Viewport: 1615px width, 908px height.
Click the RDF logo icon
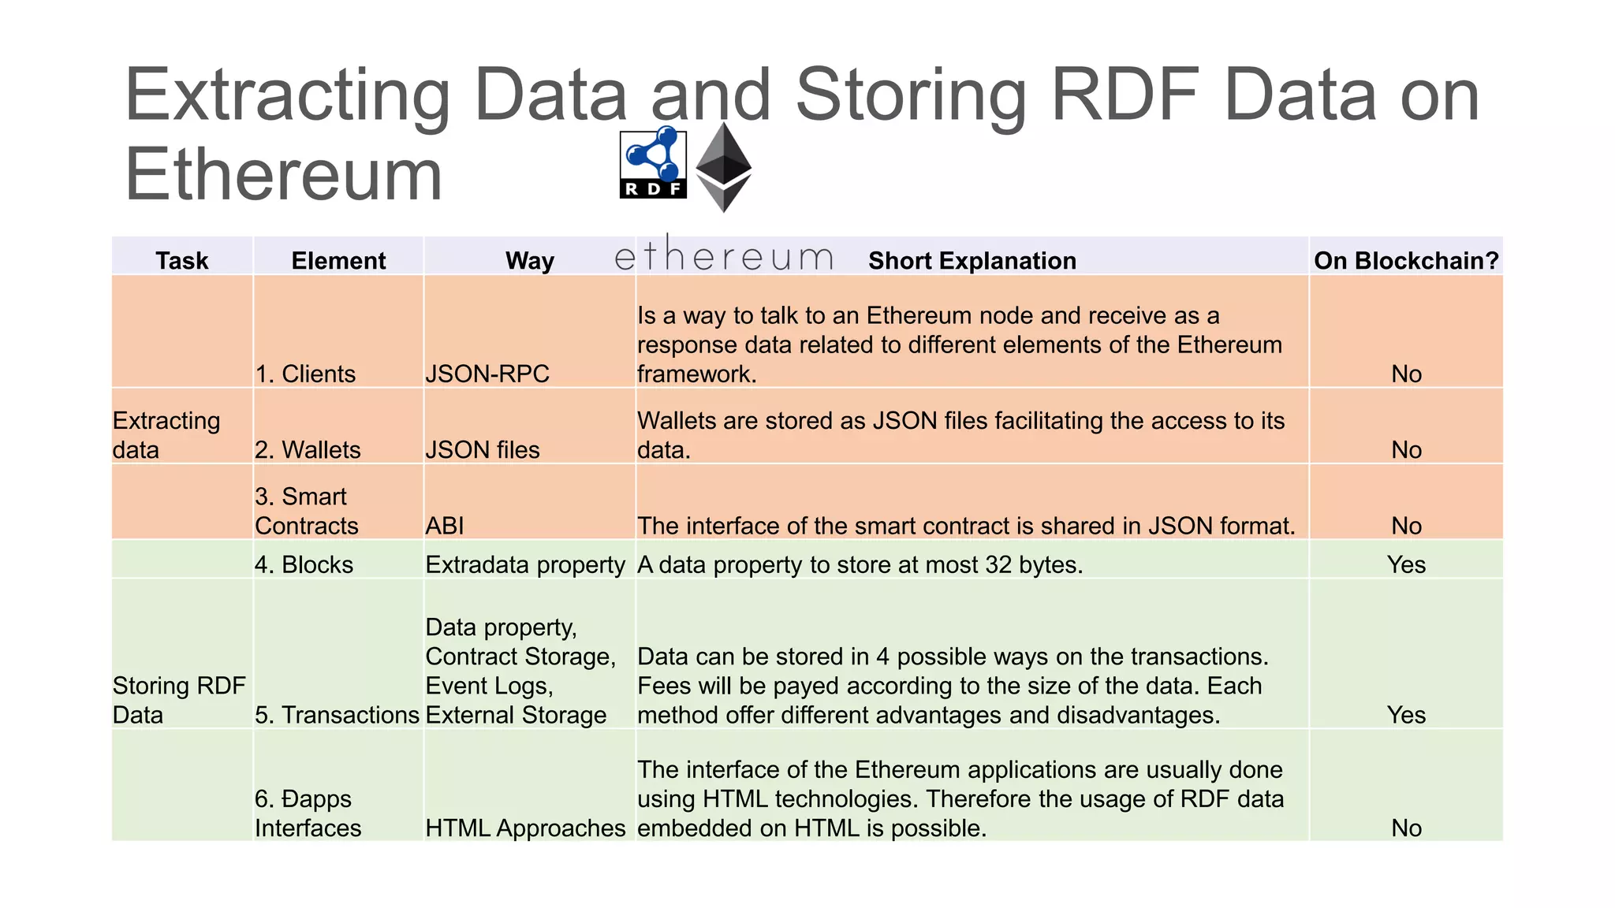pyautogui.click(x=653, y=164)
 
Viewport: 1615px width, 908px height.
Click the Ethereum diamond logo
pyautogui.click(x=723, y=167)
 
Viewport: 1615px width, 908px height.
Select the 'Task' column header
pyautogui.click(x=182, y=261)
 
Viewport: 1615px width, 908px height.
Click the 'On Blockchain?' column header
pyautogui.click(x=1406, y=261)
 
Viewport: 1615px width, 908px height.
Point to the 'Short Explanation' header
pyautogui.click(x=972, y=261)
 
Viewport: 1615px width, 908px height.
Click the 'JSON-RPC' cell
pyautogui.click(x=487, y=374)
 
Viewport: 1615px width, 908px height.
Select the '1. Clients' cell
pyautogui.click(x=305, y=374)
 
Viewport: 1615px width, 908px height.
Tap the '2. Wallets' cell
pyautogui.click(x=308, y=450)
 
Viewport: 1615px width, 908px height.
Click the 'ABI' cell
pyautogui.click(x=445, y=526)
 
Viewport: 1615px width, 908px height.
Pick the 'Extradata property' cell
pyautogui.click(x=525, y=564)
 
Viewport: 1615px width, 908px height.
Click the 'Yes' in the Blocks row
pyautogui.click(x=1406, y=564)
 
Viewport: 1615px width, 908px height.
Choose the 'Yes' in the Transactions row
pyautogui.click(x=1406, y=715)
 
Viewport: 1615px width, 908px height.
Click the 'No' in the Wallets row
pyautogui.click(x=1406, y=450)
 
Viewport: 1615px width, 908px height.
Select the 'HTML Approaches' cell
pyautogui.click(x=525, y=828)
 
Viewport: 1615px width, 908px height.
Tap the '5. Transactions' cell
pyautogui.click(x=337, y=715)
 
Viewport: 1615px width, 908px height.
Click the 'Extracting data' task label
pyautogui.click(x=166, y=435)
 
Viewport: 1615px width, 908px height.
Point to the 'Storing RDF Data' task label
pyautogui.click(x=179, y=700)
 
